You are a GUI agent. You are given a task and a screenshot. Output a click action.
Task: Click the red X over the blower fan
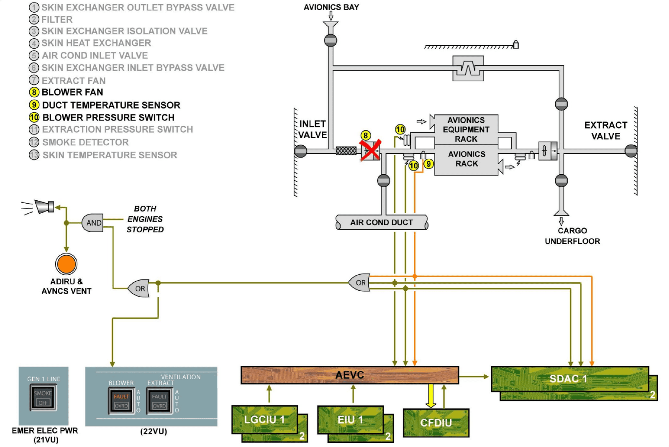pyautogui.click(x=370, y=150)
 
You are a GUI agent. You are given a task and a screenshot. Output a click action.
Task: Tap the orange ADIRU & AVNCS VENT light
pyautogui.click(x=66, y=264)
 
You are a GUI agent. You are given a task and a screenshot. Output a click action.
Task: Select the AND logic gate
pyautogui.click(x=93, y=223)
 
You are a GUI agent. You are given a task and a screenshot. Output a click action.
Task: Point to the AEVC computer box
pyautogui.click(x=349, y=375)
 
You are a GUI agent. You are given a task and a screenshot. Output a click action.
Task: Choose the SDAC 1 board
pyautogui.click(x=569, y=379)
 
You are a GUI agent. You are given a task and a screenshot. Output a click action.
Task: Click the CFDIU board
pyautogui.click(x=436, y=423)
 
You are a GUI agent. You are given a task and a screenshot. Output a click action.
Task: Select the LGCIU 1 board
pyautogui.click(x=264, y=419)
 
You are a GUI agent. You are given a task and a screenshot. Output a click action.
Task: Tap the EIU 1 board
pyautogui.click(x=350, y=419)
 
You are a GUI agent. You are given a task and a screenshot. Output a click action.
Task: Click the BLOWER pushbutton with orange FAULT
pyautogui.click(x=121, y=401)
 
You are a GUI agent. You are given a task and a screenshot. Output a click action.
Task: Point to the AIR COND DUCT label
pyautogui.click(x=382, y=222)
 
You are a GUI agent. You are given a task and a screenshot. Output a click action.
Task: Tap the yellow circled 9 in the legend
pyautogui.click(x=34, y=105)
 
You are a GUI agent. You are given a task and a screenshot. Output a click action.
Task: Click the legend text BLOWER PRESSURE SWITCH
pyautogui.click(x=108, y=118)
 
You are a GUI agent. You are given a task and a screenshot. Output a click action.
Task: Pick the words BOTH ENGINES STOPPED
pyautogui.click(x=145, y=219)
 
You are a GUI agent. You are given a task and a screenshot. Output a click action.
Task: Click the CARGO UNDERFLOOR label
pyautogui.click(x=572, y=236)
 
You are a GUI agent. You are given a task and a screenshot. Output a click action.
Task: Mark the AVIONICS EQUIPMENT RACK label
pyautogui.click(x=466, y=129)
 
